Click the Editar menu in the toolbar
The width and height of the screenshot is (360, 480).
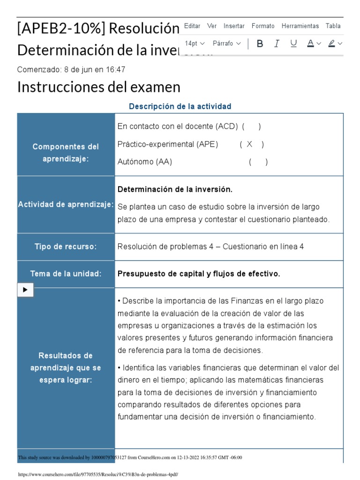click(192, 26)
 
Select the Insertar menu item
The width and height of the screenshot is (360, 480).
click(234, 26)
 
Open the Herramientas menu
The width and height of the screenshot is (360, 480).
click(300, 26)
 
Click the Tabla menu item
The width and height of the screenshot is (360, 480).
click(333, 26)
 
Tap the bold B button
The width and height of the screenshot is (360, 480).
click(260, 44)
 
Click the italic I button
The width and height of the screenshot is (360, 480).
click(277, 44)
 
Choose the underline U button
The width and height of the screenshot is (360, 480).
click(293, 44)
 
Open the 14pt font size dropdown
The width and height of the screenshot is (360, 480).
click(195, 44)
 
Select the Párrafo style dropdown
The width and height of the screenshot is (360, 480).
click(227, 44)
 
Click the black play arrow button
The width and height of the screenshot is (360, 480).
click(25, 290)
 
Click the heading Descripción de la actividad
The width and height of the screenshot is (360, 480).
click(180, 106)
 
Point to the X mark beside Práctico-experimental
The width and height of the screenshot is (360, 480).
click(249, 144)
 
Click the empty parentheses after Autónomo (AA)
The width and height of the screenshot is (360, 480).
click(258, 162)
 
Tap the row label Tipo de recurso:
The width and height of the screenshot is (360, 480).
click(66, 247)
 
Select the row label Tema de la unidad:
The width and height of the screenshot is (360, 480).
click(66, 274)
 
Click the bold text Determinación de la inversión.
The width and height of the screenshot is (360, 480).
click(175, 189)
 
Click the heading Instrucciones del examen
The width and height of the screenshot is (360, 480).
click(98, 87)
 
